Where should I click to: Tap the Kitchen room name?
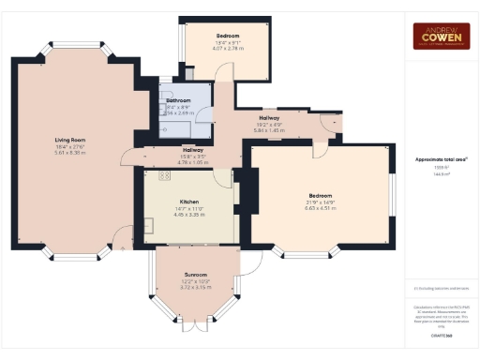coord(189,202)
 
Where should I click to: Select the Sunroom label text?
coord(195,275)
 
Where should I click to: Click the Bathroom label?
coord(178,100)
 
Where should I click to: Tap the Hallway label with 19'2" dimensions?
coord(269,118)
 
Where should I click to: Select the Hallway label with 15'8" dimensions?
coord(193,150)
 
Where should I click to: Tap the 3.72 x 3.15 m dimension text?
coord(195,287)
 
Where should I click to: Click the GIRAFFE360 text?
coord(440,335)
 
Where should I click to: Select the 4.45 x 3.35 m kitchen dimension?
coord(189,214)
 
